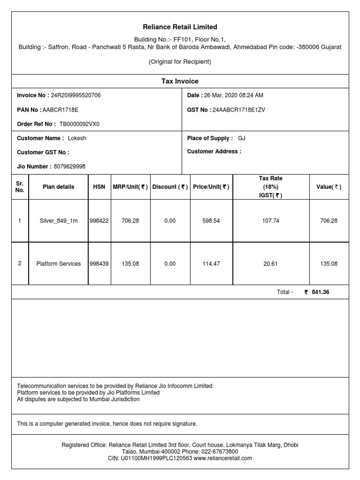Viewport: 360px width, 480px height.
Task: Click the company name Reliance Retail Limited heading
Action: tap(180, 27)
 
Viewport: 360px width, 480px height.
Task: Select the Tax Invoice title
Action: tap(180, 81)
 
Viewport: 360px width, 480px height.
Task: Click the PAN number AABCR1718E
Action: tap(60, 110)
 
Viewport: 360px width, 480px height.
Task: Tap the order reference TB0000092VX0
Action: tap(79, 124)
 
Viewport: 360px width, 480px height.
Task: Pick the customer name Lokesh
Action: tap(77, 138)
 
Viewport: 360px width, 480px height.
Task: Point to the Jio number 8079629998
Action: tap(69, 166)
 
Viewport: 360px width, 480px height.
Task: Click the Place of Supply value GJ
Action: tap(242, 138)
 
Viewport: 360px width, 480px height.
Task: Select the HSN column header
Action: tap(99, 187)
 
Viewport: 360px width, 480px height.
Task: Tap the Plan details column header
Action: tap(59, 187)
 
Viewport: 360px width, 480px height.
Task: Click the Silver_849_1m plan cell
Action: tap(59, 221)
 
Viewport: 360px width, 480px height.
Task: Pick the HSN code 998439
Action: tap(99, 264)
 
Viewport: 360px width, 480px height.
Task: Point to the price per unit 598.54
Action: tap(211, 221)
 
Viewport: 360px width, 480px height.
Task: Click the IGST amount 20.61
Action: tap(270, 264)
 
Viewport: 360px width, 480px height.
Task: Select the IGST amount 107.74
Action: tap(270, 221)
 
